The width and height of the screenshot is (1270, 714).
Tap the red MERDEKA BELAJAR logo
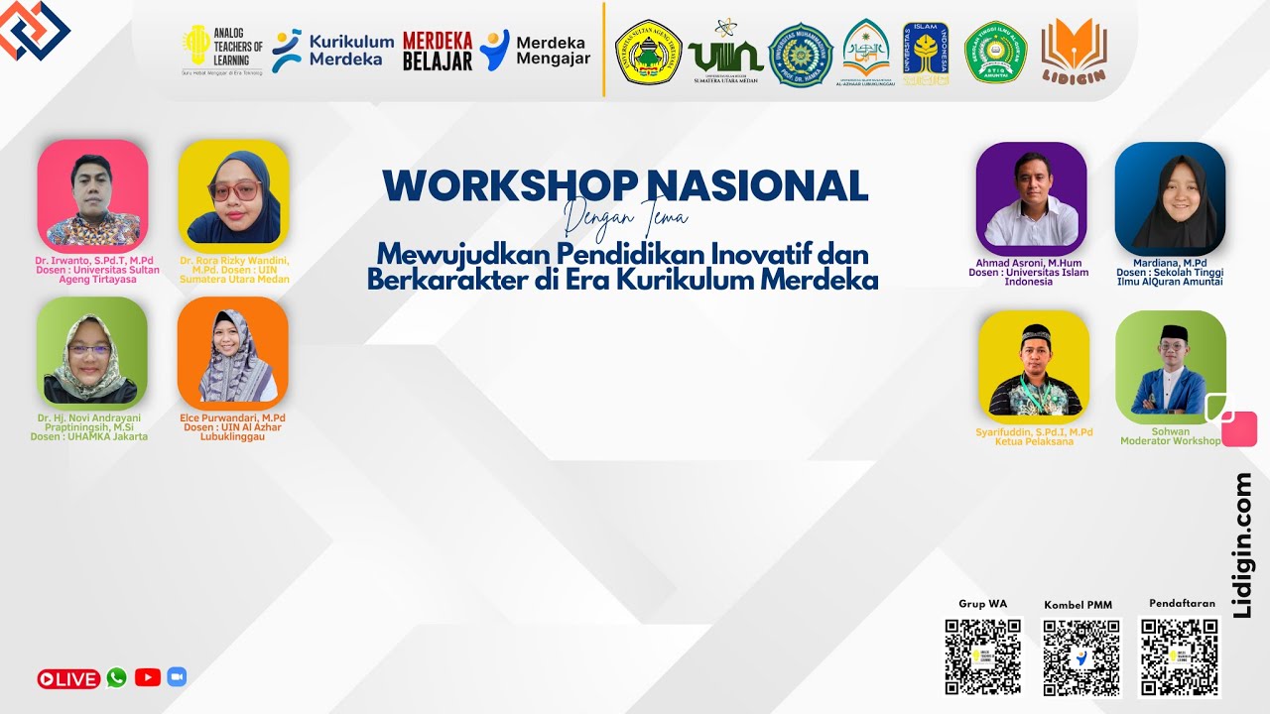[x=438, y=51]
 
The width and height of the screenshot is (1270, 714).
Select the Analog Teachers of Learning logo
[x=223, y=50]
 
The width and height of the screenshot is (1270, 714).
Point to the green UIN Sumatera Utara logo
[x=724, y=52]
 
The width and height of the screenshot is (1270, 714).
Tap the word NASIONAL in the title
[x=757, y=185]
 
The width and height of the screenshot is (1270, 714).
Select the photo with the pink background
[x=92, y=194]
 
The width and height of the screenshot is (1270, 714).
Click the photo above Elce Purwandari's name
[x=233, y=353]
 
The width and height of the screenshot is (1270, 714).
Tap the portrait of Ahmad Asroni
[x=1031, y=198]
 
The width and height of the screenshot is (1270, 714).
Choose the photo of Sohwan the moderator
[x=1171, y=367]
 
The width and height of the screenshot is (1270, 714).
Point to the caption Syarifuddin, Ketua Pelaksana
[x=1034, y=436]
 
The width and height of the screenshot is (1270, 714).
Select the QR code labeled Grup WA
[x=982, y=656]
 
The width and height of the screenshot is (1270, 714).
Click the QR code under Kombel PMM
[x=1080, y=657]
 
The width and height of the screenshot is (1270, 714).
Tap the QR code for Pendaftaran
[x=1178, y=656]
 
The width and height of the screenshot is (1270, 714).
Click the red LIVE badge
[x=68, y=679]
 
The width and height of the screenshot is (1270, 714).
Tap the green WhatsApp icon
[x=117, y=677]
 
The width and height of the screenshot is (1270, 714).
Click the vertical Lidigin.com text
[x=1242, y=545]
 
